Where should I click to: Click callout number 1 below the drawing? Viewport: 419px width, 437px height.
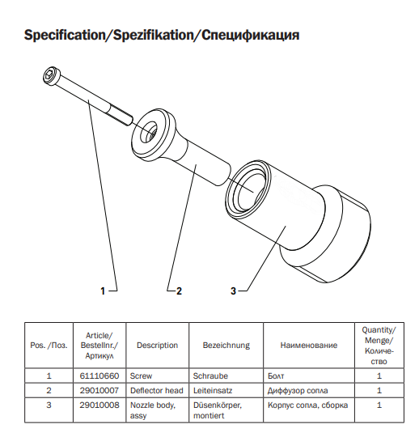[x=103, y=291]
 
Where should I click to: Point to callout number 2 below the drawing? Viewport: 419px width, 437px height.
[x=179, y=291]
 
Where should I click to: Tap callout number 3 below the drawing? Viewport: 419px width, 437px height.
[x=233, y=291]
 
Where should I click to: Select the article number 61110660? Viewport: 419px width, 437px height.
[x=99, y=376]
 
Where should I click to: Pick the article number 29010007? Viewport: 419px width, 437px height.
[x=99, y=390]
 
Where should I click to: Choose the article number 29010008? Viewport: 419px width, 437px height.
[x=99, y=405]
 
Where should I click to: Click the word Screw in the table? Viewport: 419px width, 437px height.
[x=141, y=376]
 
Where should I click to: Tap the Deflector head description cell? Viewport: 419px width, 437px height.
[x=157, y=390]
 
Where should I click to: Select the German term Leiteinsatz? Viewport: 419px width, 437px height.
[x=213, y=390]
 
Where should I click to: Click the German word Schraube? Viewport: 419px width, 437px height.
[x=210, y=376]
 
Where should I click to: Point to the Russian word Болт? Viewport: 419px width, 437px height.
[x=276, y=376]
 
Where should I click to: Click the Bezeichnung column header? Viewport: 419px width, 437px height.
[x=226, y=346]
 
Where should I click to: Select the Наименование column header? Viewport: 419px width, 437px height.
[x=309, y=346]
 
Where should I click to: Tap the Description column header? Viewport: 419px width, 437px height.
[x=157, y=346]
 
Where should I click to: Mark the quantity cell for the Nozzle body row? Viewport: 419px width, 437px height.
[x=379, y=405]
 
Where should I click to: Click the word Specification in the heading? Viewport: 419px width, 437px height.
[x=64, y=36]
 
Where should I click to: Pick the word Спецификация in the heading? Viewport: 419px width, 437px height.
[x=251, y=36]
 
